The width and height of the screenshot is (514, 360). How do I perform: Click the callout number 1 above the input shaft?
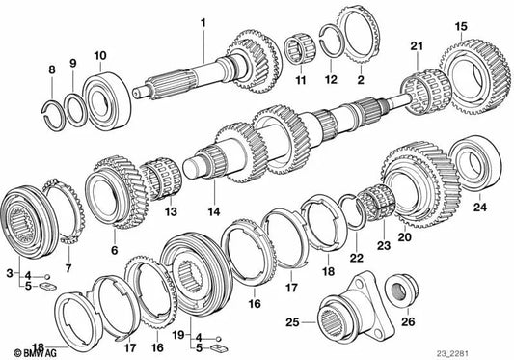click(203, 21)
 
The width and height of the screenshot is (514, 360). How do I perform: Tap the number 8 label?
click(52, 69)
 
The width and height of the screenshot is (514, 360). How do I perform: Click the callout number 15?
click(461, 25)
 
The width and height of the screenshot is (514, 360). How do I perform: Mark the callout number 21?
click(417, 46)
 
